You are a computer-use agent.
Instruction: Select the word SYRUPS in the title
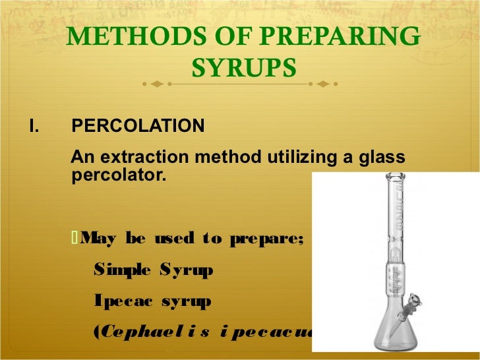(x=243, y=67)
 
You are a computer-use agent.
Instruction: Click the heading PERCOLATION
(x=138, y=125)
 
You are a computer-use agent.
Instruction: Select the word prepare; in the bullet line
(x=266, y=238)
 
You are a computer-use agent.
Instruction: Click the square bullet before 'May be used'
(x=74, y=237)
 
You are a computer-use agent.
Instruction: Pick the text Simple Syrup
(x=154, y=270)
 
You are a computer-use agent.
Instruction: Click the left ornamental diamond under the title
(x=156, y=84)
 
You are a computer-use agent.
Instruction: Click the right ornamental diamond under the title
(x=323, y=84)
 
